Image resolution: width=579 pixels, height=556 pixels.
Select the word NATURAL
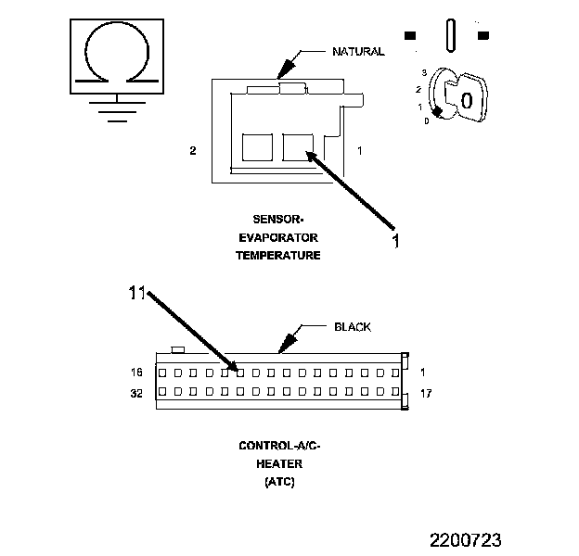click(x=357, y=52)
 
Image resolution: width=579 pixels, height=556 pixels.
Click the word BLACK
click(x=352, y=327)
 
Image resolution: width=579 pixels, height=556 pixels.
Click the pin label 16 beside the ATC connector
click(x=136, y=373)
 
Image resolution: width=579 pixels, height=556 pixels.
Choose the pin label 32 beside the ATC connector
click(x=136, y=392)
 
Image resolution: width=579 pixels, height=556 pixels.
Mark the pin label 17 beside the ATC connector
click(x=426, y=393)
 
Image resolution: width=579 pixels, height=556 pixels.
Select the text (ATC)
click(x=279, y=482)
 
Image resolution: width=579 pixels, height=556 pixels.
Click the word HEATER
click(x=279, y=464)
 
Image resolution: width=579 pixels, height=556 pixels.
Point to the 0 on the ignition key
click(x=467, y=98)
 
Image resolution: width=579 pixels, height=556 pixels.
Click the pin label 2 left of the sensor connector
click(x=193, y=150)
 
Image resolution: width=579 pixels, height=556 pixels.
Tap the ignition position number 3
click(x=423, y=72)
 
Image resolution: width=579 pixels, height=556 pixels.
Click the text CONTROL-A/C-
click(x=279, y=447)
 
